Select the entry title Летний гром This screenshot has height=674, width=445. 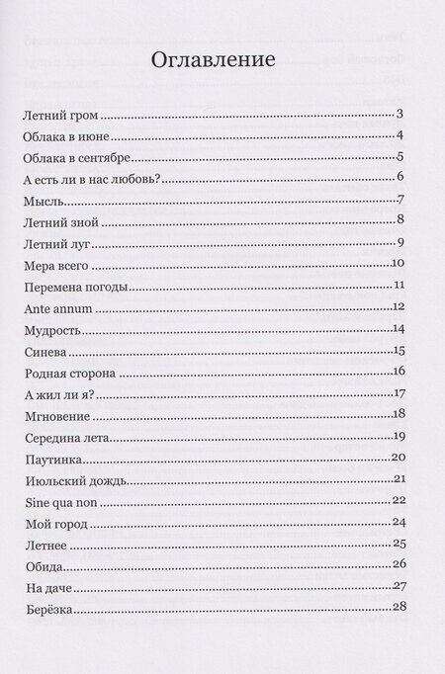tap(60, 116)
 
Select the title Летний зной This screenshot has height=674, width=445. tap(59, 222)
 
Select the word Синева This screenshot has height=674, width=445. tap(44, 351)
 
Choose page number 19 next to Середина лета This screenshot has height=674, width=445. tap(400, 436)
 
